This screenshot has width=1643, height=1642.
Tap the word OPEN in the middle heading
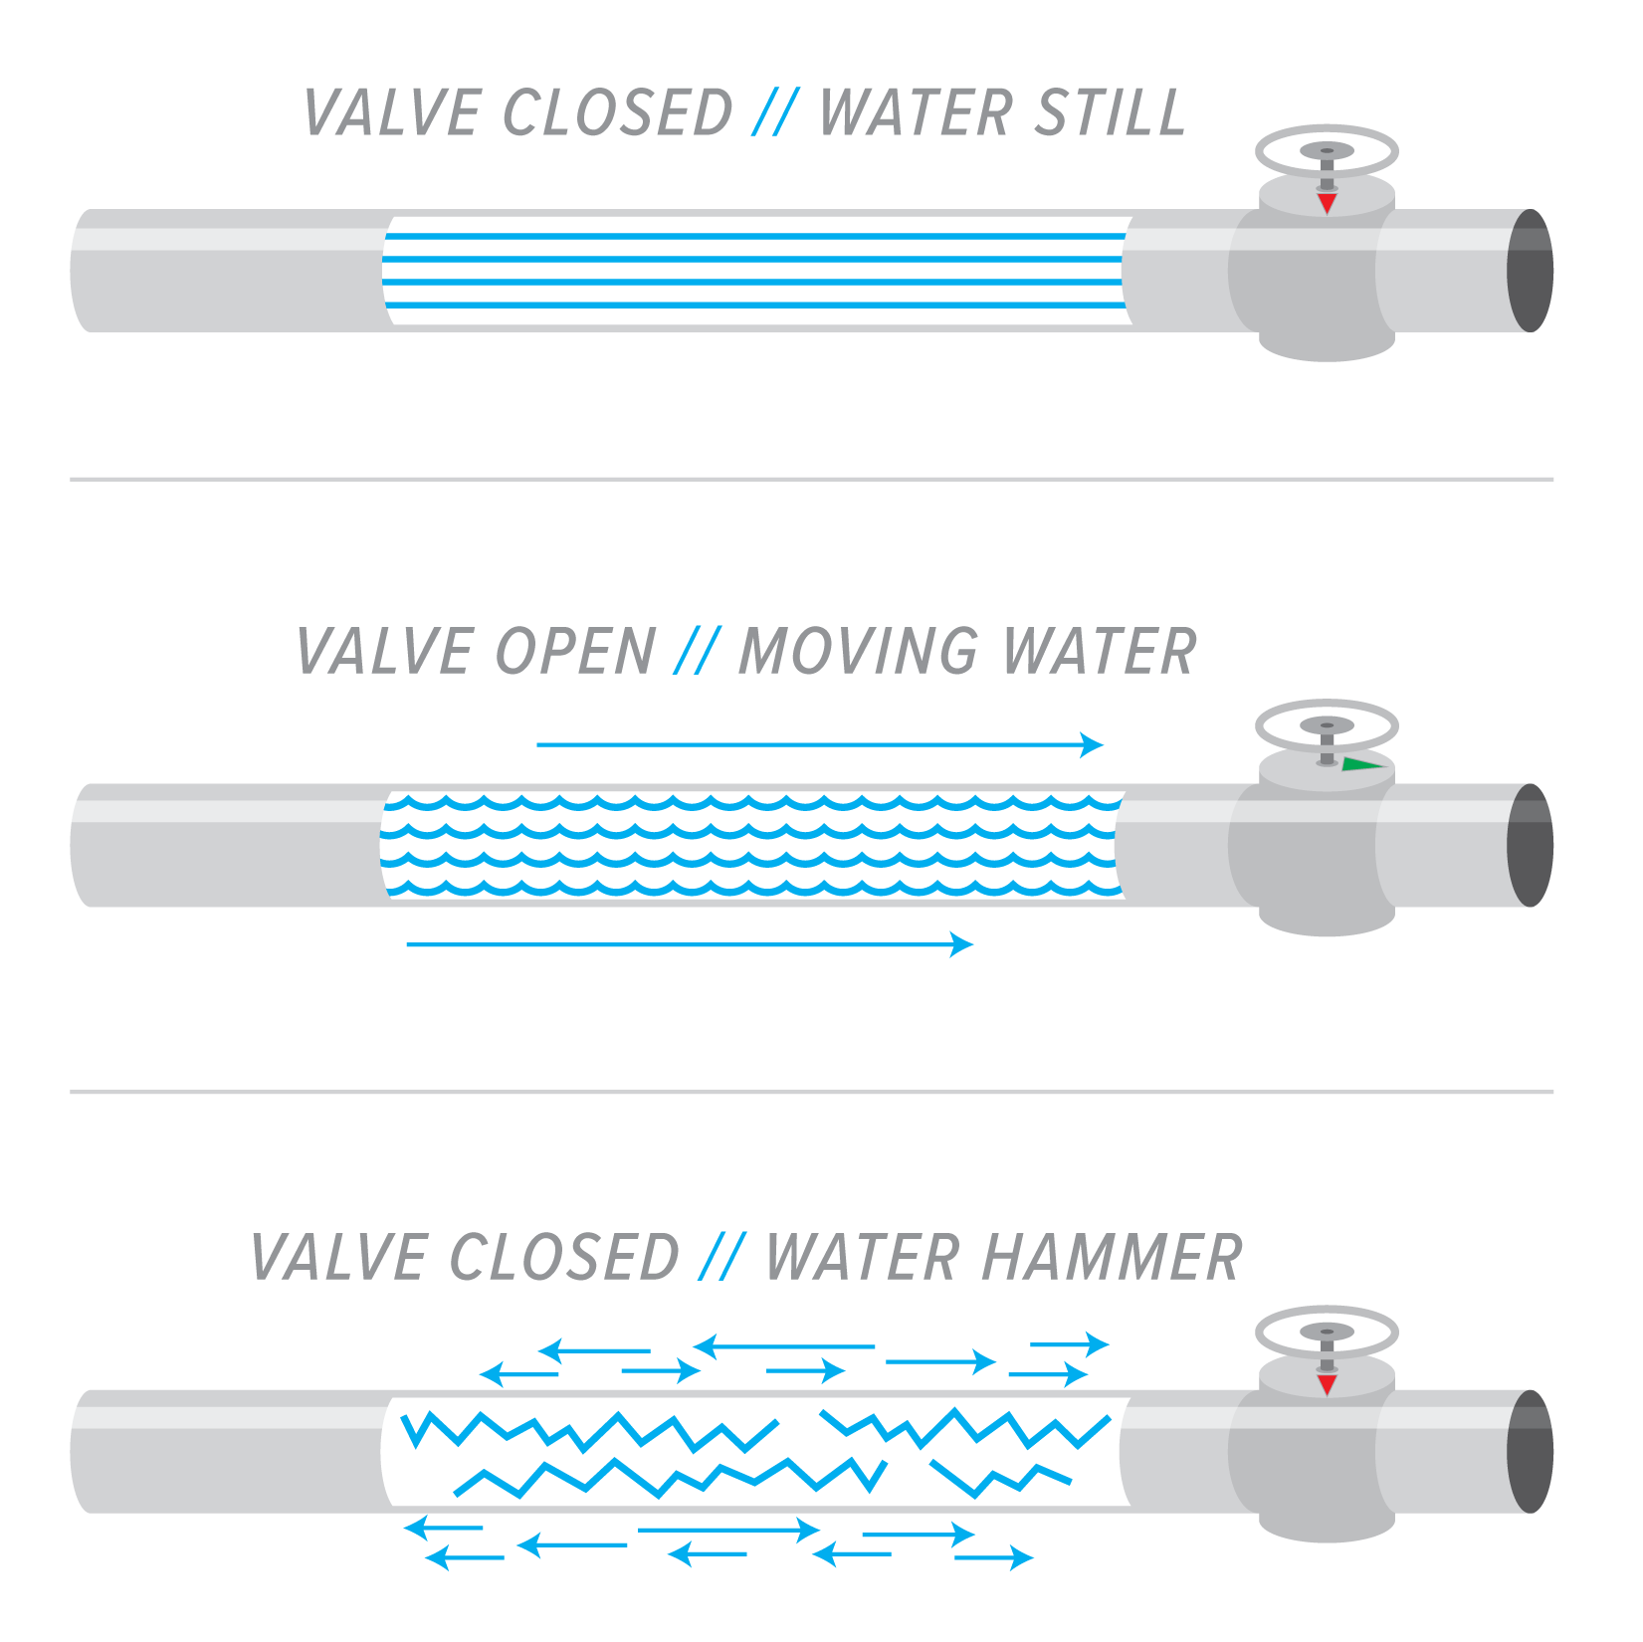[x=575, y=652]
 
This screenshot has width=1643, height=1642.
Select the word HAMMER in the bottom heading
[x=1112, y=1258]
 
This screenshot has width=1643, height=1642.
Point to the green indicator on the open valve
[x=1361, y=764]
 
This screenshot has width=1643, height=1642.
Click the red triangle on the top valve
[x=1327, y=203]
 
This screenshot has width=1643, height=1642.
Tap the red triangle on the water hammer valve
[x=1327, y=1384]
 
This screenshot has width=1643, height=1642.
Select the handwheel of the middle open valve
[x=1327, y=726]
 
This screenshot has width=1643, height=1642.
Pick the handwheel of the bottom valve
[x=1327, y=1333]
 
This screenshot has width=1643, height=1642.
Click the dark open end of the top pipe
[x=1530, y=271]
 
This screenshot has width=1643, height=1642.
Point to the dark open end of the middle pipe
[x=1530, y=845]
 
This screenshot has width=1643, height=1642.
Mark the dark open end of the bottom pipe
[x=1530, y=1451]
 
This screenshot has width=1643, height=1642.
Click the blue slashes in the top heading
[x=775, y=112]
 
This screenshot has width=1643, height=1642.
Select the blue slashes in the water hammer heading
[x=721, y=1258]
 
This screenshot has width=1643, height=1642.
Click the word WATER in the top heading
[x=915, y=112]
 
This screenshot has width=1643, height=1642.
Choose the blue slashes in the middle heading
[x=696, y=652]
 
